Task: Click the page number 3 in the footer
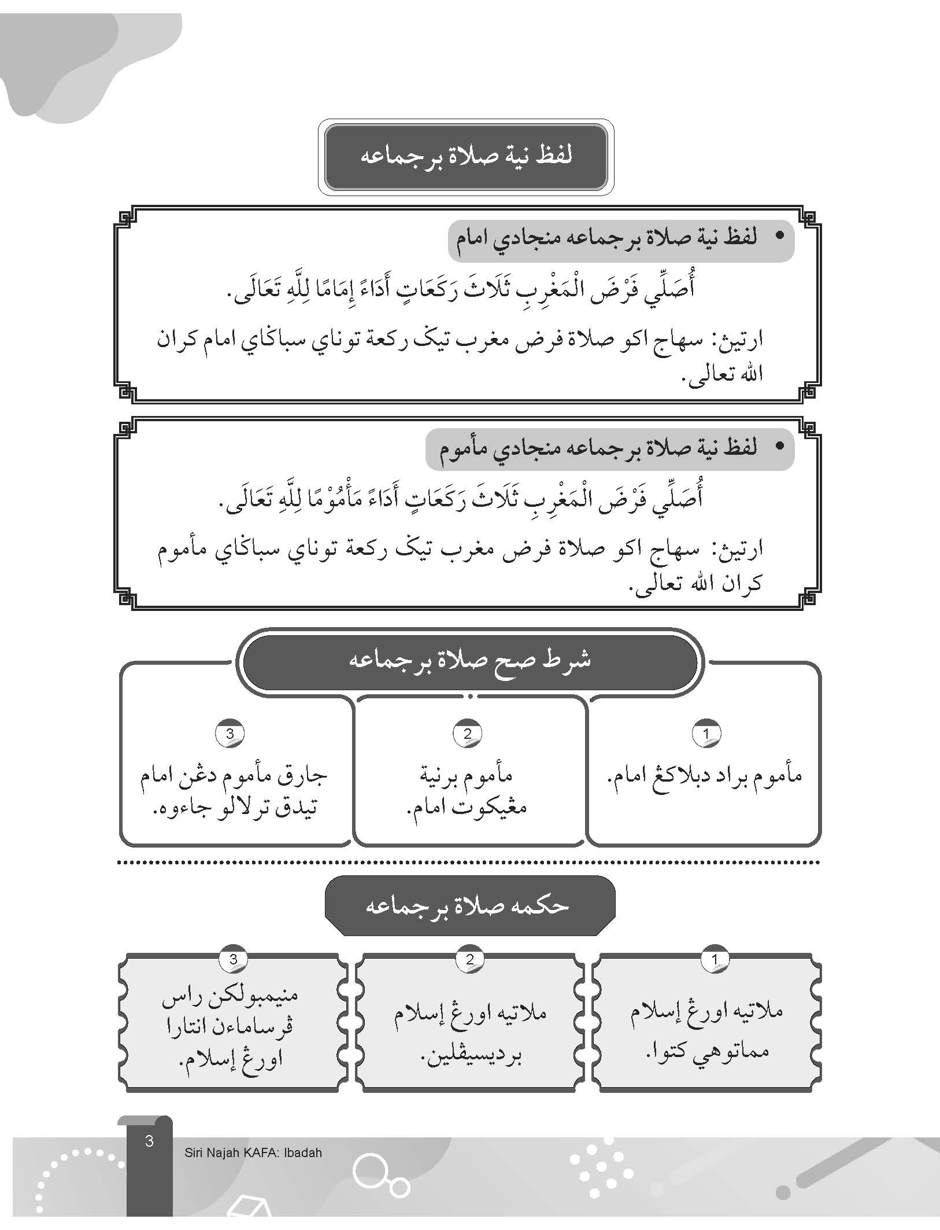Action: coord(149,1141)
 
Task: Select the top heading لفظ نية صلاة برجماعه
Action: coord(466,156)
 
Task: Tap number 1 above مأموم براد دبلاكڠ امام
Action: coord(705,734)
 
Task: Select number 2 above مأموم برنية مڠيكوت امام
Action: coord(468,734)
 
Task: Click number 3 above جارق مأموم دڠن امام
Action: coord(230,734)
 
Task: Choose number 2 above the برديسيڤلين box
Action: coord(469,959)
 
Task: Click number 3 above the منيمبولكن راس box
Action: coord(233,959)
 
